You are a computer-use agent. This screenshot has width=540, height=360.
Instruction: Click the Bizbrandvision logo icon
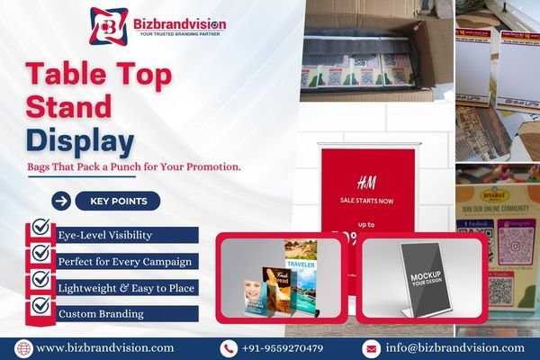click(108, 24)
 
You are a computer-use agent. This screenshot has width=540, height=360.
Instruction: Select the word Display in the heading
click(80, 140)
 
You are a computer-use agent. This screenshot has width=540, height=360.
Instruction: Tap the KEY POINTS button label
click(118, 201)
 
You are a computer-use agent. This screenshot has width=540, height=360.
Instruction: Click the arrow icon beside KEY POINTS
click(61, 201)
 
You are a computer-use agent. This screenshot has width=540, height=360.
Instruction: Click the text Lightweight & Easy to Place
click(127, 287)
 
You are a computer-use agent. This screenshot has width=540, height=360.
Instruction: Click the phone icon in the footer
click(229, 347)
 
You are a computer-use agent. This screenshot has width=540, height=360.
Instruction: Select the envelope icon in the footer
click(371, 347)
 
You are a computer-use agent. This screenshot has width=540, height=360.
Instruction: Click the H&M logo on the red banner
click(366, 178)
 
